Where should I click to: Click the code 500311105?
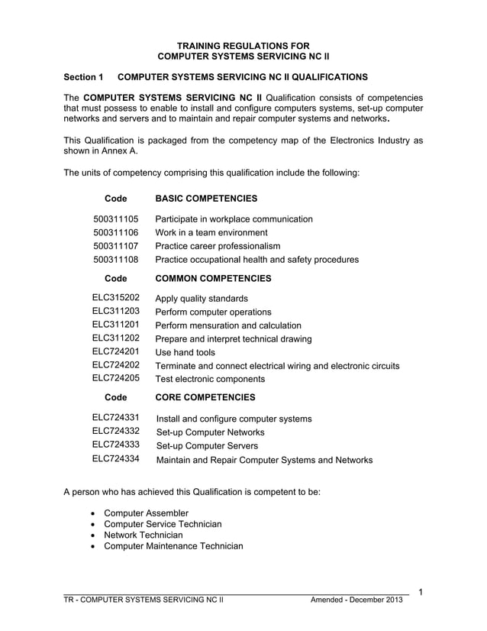coord(115,218)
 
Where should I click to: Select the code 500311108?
coord(115,260)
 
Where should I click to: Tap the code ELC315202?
coord(115,298)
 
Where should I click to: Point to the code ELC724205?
coord(115,378)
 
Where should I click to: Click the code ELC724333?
coord(115,445)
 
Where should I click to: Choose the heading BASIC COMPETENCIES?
coord(206,199)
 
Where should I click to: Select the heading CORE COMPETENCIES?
coord(205,397)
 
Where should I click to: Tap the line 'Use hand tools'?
coord(185,352)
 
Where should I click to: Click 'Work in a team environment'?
coord(211,232)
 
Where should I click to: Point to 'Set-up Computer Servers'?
coord(207,446)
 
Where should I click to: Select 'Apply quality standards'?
coord(202,299)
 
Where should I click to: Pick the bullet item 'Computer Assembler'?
coord(146,513)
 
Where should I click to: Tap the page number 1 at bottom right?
coord(421,591)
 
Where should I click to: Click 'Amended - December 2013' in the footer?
coord(356,600)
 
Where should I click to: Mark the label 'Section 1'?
coord(83,77)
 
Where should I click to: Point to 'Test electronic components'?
coord(210,379)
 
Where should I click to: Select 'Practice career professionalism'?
coord(218,246)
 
